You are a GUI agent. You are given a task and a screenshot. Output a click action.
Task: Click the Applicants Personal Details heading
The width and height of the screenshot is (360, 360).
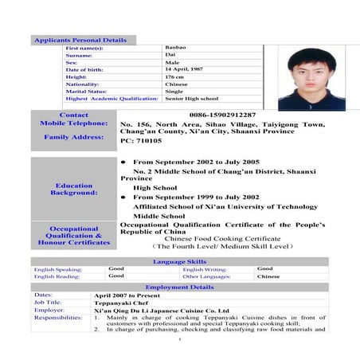(x=80, y=40)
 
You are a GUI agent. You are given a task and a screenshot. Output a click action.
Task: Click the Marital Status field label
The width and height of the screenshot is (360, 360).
(x=88, y=92)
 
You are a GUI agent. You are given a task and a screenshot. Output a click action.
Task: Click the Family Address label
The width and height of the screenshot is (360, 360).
(x=73, y=137)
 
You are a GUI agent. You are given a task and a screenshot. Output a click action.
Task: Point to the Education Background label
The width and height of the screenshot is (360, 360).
(x=73, y=189)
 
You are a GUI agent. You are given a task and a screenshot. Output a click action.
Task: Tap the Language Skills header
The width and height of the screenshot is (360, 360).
(x=179, y=261)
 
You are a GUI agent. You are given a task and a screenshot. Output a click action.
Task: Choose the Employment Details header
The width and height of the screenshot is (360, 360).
(x=179, y=287)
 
